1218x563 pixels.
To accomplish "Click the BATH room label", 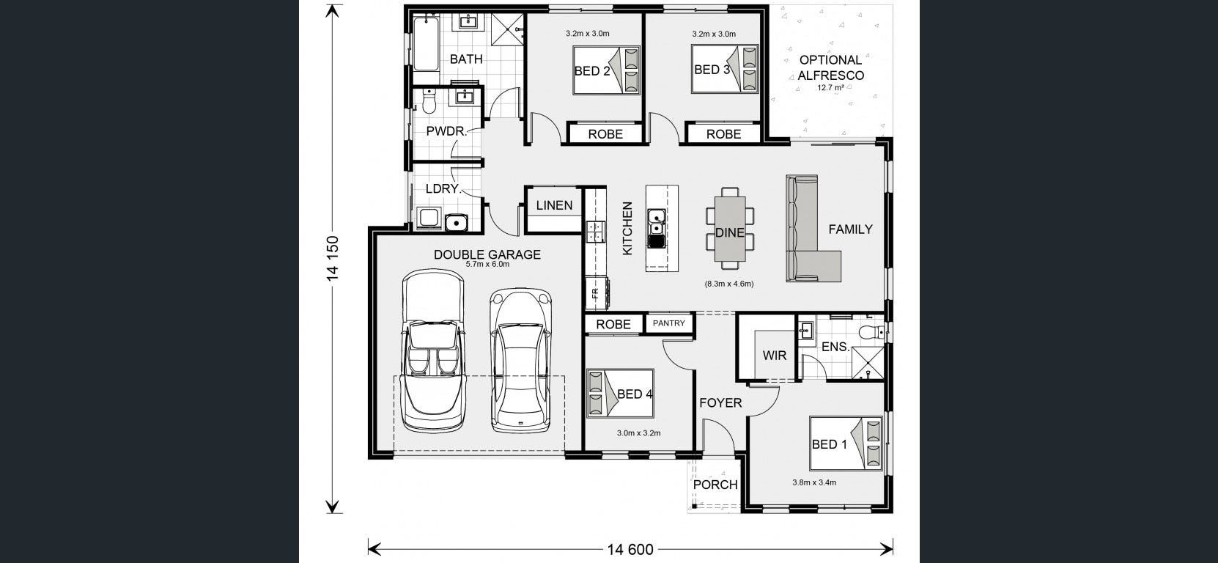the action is point(466,59).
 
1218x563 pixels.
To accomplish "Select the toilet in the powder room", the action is point(429,101).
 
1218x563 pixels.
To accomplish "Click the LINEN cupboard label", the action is point(554,205).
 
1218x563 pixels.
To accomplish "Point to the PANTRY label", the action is point(668,323).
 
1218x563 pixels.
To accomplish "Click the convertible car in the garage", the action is point(433,351).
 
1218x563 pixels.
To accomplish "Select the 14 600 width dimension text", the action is point(630,549).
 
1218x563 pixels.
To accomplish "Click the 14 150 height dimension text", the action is point(333,258).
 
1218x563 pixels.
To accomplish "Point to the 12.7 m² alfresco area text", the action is point(830,87).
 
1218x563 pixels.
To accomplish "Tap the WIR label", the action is point(775,356).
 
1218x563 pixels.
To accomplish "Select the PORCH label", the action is point(715,484).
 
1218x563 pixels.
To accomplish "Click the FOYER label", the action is point(720,402).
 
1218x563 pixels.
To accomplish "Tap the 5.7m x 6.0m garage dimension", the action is point(487,265).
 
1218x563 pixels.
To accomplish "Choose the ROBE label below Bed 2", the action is point(605,134).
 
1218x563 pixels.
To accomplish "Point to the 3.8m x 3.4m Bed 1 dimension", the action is point(814,482).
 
